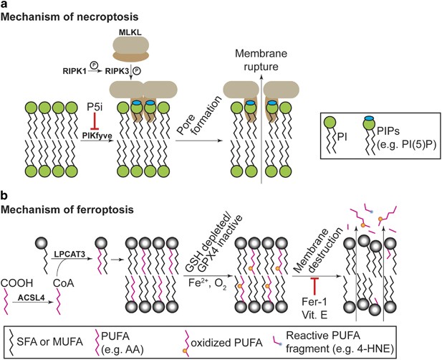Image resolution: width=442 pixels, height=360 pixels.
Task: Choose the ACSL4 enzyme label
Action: (x=38, y=297)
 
